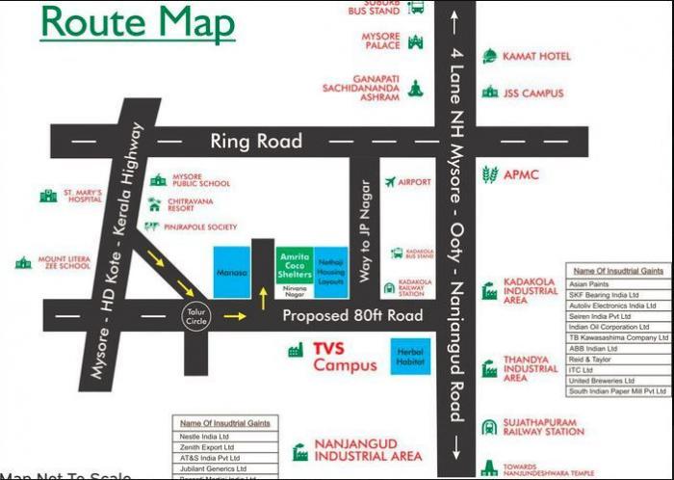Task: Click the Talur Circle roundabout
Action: coord(197,313)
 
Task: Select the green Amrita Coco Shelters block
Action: coord(294,264)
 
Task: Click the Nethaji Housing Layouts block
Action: coord(331,264)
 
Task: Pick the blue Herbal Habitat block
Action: coord(411,357)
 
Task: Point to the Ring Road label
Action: coord(256,142)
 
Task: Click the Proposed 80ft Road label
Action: coord(352,316)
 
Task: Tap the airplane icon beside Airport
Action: coord(390,181)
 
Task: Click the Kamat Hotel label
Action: coord(536,57)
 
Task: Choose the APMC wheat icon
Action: coord(490,174)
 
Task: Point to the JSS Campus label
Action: coord(533,93)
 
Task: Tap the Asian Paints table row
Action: coord(617,285)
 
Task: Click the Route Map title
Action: coord(137,21)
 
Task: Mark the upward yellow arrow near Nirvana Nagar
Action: coord(262,297)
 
